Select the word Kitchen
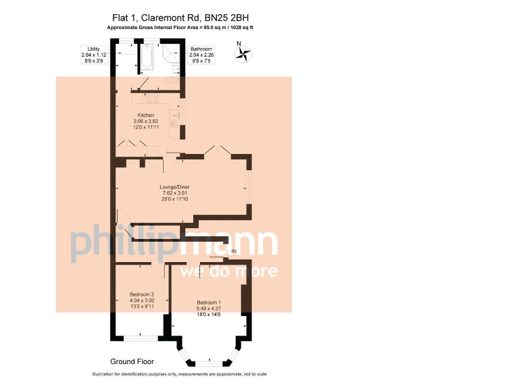coord(146,115)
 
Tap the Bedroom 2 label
coord(142,294)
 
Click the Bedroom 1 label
coord(209,301)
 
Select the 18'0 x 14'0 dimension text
coord(209,314)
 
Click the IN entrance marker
coord(234,252)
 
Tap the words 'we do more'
coord(228,271)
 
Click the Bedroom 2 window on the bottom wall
coord(141,336)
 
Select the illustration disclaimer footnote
coord(178,374)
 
